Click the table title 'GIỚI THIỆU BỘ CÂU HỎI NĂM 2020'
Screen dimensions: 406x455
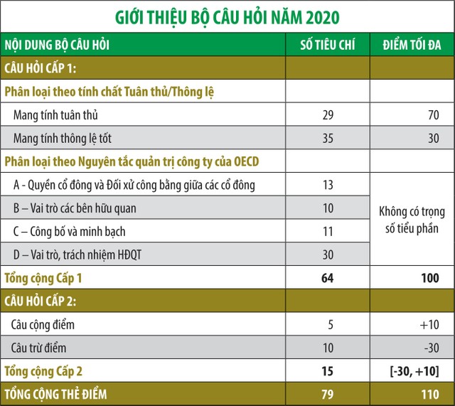coord(227,16)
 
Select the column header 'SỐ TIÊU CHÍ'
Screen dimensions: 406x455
coord(327,46)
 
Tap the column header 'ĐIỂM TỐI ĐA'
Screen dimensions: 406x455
coord(412,46)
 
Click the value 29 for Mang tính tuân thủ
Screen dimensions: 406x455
coord(327,114)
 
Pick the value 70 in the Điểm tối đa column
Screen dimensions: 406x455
coord(433,114)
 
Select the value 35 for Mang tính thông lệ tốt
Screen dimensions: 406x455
coord(327,138)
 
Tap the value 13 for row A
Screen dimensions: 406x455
coord(327,185)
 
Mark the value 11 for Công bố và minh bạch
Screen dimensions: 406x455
coord(327,231)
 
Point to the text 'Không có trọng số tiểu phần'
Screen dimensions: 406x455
coord(412,220)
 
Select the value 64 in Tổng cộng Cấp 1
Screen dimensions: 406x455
coord(327,277)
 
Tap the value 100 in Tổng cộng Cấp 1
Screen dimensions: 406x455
coord(429,277)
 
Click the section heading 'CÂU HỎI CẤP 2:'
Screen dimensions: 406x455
coord(43,301)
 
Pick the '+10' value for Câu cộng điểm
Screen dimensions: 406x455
coord(429,325)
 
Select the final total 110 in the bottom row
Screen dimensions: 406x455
coord(429,394)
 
